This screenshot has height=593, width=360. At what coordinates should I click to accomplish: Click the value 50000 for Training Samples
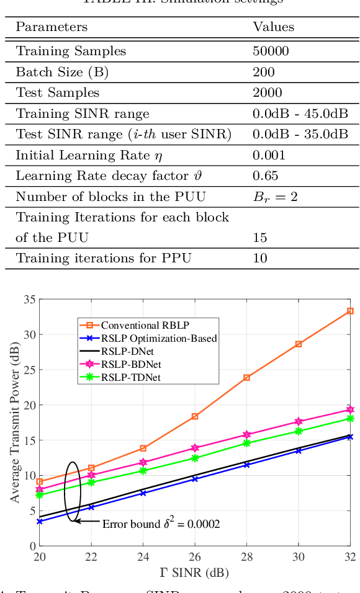pyautogui.click(x=271, y=51)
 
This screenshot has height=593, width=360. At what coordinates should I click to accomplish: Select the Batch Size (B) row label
pyautogui.click(x=62, y=73)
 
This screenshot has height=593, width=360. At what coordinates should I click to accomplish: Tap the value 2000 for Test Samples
pyautogui.click(x=268, y=93)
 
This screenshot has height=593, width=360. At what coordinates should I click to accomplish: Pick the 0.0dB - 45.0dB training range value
pyautogui.click(x=300, y=114)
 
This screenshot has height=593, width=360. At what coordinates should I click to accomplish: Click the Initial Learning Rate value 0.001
pyautogui.click(x=269, y=155)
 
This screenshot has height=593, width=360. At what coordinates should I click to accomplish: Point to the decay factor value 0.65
pyautogui.click(x=266, y=176)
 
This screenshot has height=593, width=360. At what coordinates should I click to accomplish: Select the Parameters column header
pyautogui.click(x=52, y=27)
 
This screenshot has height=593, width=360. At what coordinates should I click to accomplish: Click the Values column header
pyautogui.click(x=273, y=27)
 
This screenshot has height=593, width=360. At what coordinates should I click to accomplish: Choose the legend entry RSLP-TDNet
pyautogui.click(x=131, y=377)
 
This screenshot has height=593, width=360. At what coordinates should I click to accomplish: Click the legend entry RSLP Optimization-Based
pyautogui.click(x=159, y=337)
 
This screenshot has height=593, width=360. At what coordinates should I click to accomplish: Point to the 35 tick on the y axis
pyautogui.click(x=29, y=300)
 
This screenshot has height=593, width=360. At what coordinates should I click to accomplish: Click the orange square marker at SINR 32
pyautogui.click(x=350, y=311)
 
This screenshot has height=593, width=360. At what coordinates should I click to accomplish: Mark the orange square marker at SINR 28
pyautogui.click(x=246, y=377)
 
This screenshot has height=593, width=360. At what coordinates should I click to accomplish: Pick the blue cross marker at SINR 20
pyautogui.click(x=40, y=522)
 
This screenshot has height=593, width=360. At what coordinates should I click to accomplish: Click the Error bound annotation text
pyautogui.click(x=161, y=524)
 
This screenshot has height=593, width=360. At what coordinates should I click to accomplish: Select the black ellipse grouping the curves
pyautogui.click(x=73, y=492)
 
